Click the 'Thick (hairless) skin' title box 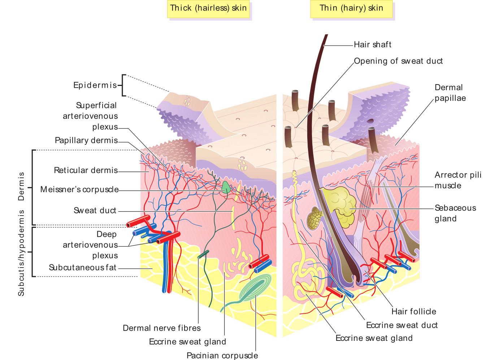pos(208,8)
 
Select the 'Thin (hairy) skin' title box pos(351,8)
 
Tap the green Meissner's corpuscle pos(226,187)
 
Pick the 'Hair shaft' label pos(372,45)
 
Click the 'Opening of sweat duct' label pos(398,61)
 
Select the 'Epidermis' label pos(95,85)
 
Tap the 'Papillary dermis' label pos(86,140)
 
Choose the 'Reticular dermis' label pos(86,170)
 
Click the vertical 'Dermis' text pos(21,186)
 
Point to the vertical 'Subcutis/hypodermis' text pos(21,253)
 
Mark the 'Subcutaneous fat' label pos(83,268)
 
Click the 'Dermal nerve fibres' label pos(161,328)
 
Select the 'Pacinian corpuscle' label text pos(222,355)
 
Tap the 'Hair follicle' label pos(413,312)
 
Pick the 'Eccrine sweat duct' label pos(402,325)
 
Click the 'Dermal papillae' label pos(450,93)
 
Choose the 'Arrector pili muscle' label pos(458,180)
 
